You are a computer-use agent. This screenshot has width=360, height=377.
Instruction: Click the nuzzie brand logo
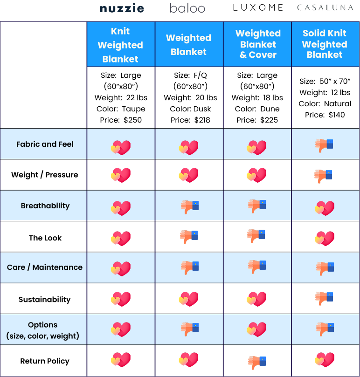(x=122, y=8)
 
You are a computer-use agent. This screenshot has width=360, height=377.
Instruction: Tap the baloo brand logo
(x=187, y=8)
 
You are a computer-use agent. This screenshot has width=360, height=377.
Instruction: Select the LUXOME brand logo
(x=258, y=7)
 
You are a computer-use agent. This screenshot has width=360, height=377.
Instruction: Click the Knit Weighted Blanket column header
(x=120, y=45)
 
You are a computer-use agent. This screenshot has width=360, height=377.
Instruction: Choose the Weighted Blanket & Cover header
(x=258, y=44)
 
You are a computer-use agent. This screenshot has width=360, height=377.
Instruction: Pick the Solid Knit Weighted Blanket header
(x=325, y=44)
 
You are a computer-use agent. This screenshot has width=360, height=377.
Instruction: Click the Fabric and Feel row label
(x=45, y=144)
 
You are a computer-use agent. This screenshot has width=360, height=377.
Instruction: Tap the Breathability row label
(x=45, y=206)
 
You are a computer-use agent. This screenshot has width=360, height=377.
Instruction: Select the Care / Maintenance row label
(x=45, y=267)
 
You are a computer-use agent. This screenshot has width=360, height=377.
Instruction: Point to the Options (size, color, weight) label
(x=42, y=330)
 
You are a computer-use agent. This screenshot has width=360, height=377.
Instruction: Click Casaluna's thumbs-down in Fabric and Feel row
(x=324, y=145)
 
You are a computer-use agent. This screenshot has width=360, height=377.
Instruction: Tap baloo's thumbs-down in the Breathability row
(x=189, y=206)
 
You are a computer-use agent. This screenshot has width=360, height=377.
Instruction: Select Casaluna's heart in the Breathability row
(x=325, y=208)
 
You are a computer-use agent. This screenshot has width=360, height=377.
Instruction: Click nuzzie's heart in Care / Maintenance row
(x=120, y=269)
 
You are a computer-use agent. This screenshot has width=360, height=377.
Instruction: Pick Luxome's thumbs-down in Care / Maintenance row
(x=256, y=267)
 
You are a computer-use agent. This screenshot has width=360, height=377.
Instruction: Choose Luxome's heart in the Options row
(x=256, y=329)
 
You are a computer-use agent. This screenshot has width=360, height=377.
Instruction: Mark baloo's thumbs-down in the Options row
(x=189, y=329)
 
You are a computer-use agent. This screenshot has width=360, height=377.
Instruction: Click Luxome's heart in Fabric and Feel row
(x=256, y=147)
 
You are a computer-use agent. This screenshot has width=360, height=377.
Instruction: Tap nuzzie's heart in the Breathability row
(x=120, y=208)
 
